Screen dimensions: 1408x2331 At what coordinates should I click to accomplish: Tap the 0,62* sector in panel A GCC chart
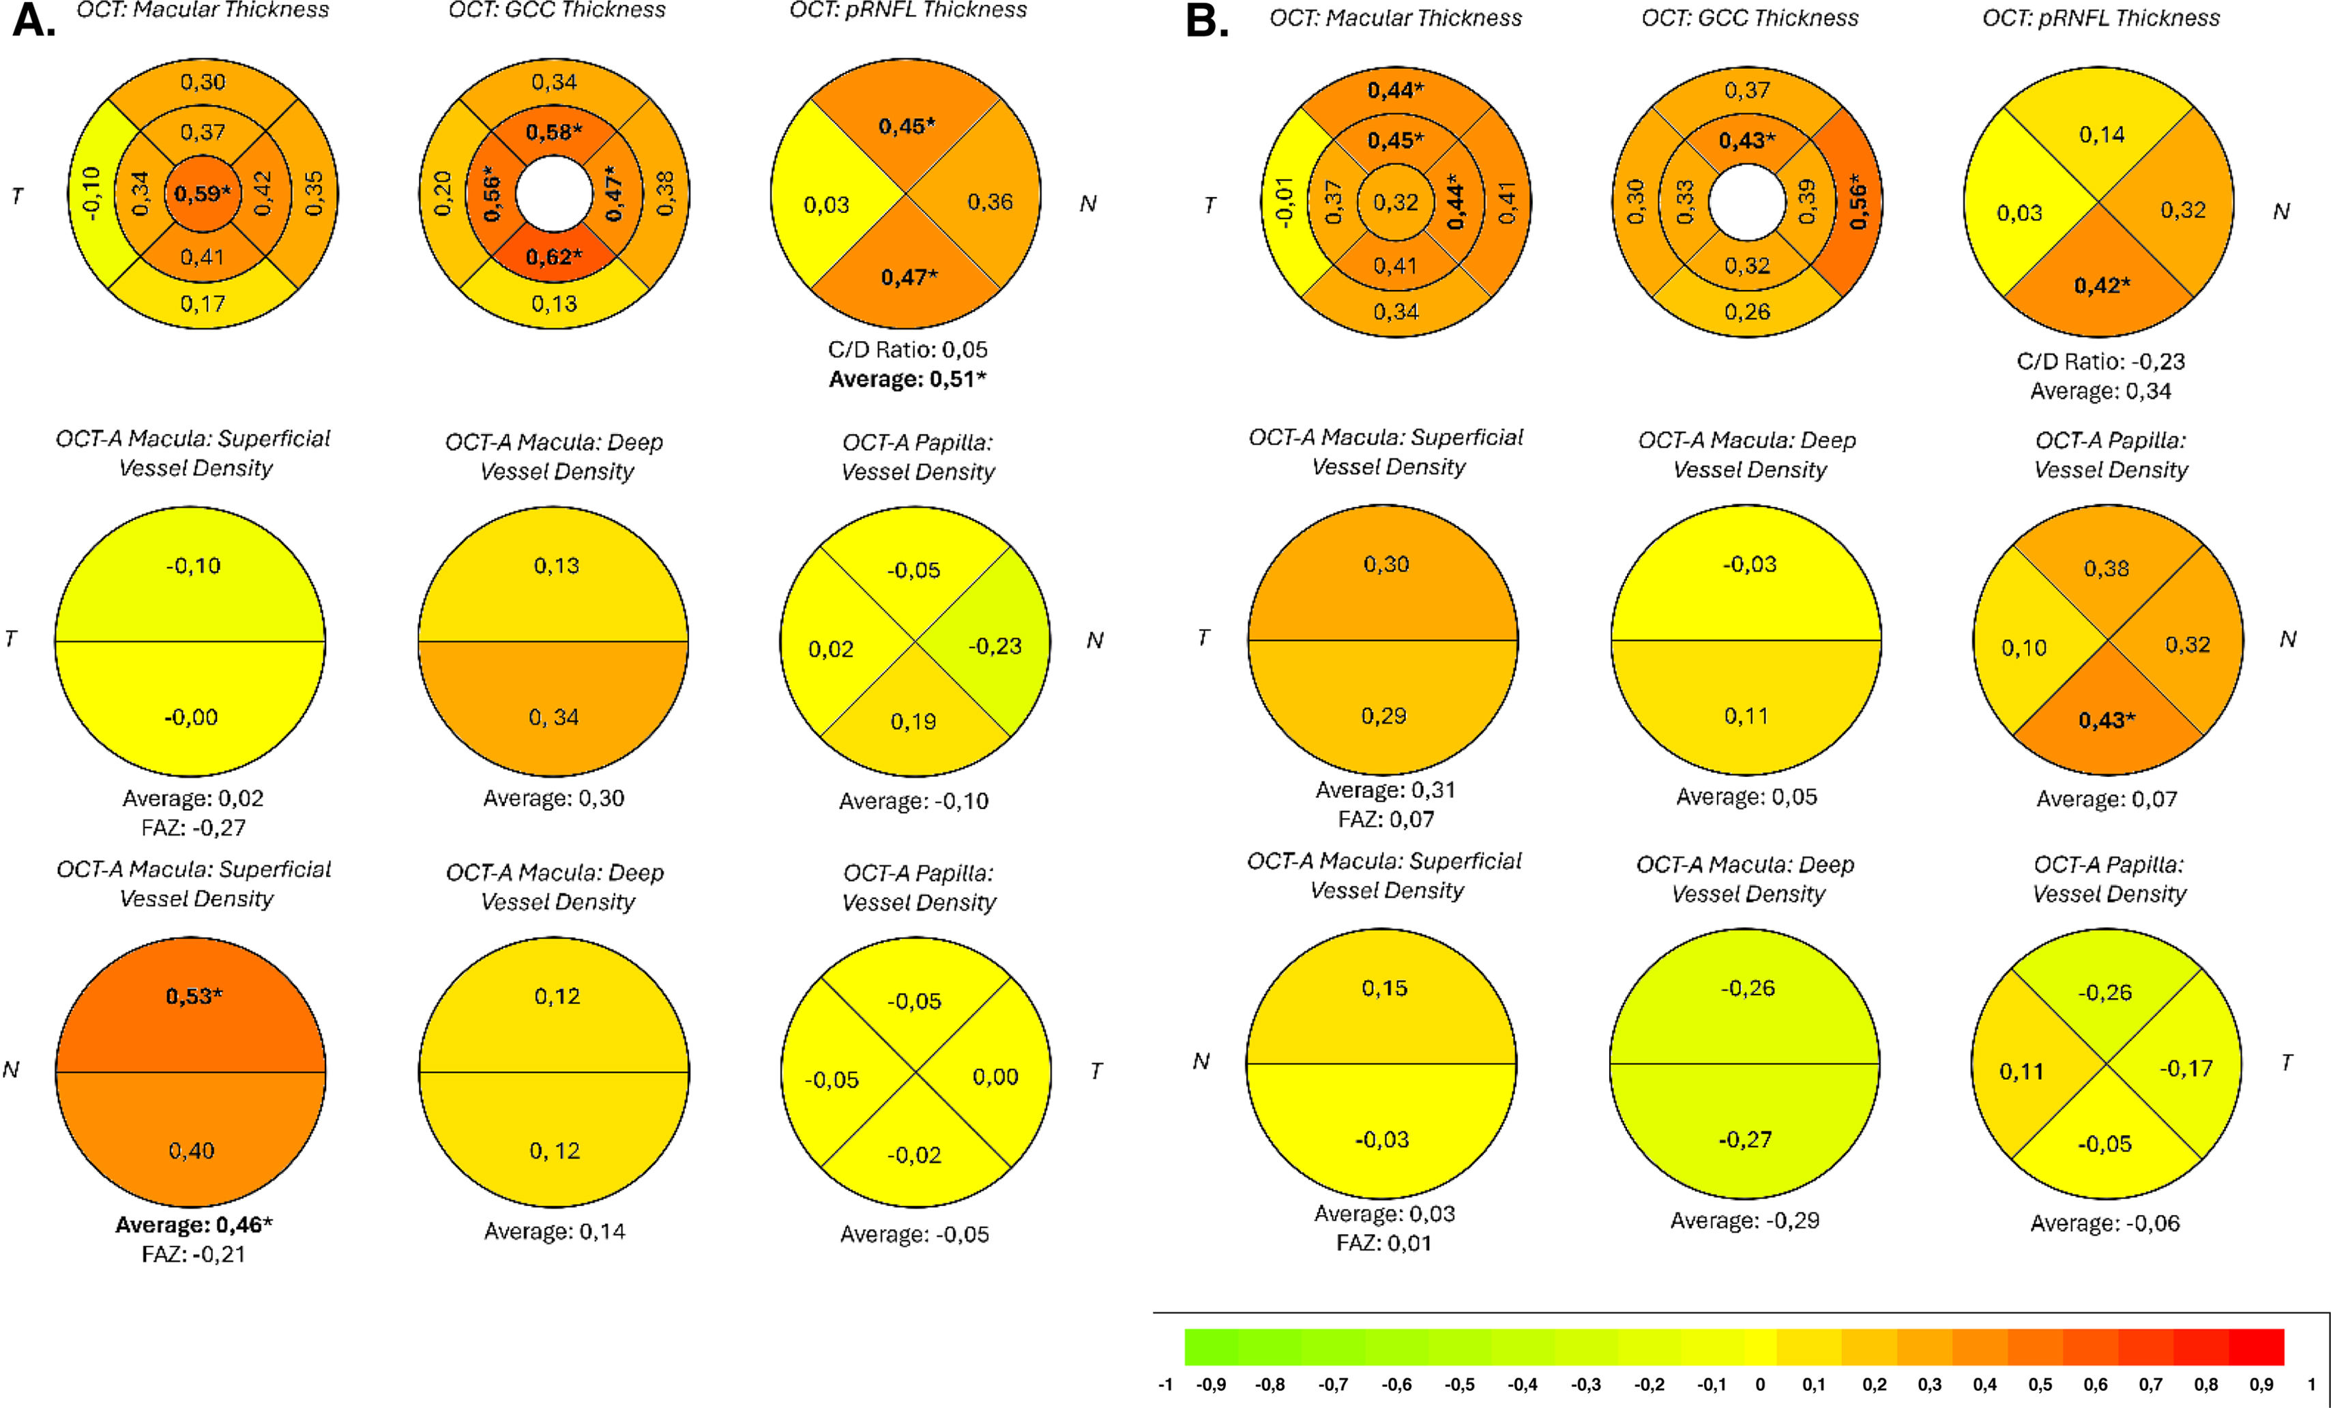553,256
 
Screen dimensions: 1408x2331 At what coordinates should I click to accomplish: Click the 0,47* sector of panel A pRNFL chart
908,277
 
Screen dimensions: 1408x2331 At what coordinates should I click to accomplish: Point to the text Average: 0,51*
907,379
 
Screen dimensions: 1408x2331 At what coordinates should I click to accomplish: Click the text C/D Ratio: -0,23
2100,362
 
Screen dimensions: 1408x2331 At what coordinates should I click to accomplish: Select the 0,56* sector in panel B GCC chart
1857,201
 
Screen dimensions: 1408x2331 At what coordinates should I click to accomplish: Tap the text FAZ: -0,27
193,828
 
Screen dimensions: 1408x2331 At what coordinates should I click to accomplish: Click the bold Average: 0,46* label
193,1224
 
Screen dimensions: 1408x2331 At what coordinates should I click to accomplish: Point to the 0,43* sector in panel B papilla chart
2106,720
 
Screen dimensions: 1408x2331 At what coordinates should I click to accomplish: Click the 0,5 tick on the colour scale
2040,1384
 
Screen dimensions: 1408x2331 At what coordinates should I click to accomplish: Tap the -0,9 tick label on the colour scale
1210,1384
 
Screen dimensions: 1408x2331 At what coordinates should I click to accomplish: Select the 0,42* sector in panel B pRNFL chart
2101,286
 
